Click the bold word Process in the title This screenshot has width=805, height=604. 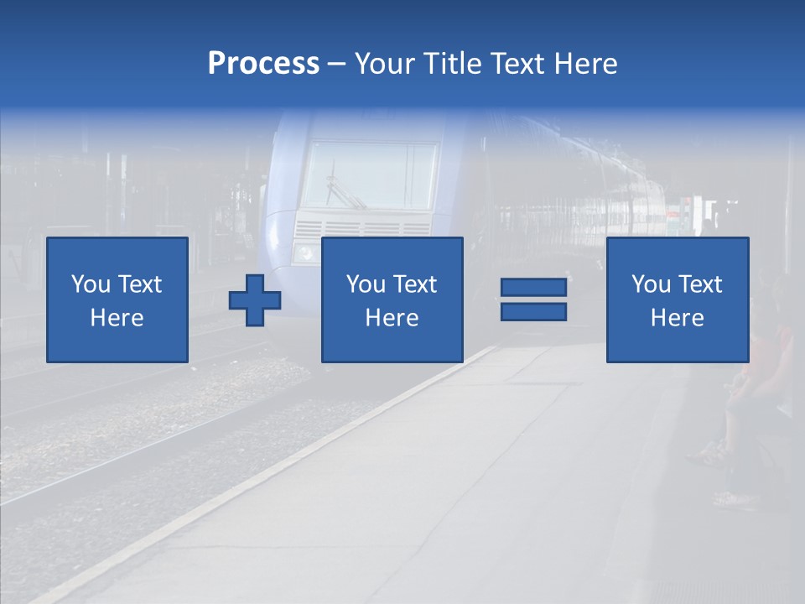[263, 64]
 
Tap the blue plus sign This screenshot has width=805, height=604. [255, 299]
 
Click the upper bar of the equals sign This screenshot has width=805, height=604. [533, 288]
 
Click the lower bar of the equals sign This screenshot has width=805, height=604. [533, 311]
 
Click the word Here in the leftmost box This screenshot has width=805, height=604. [117, 318]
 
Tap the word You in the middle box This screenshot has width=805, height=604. [366, 284]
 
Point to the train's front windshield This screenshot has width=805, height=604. [369, 174]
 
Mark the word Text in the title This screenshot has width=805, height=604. [517, 64]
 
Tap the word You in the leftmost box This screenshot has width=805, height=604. [91, 284]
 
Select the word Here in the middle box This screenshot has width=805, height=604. [392, 318]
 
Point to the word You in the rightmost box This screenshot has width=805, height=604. [651, 284]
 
